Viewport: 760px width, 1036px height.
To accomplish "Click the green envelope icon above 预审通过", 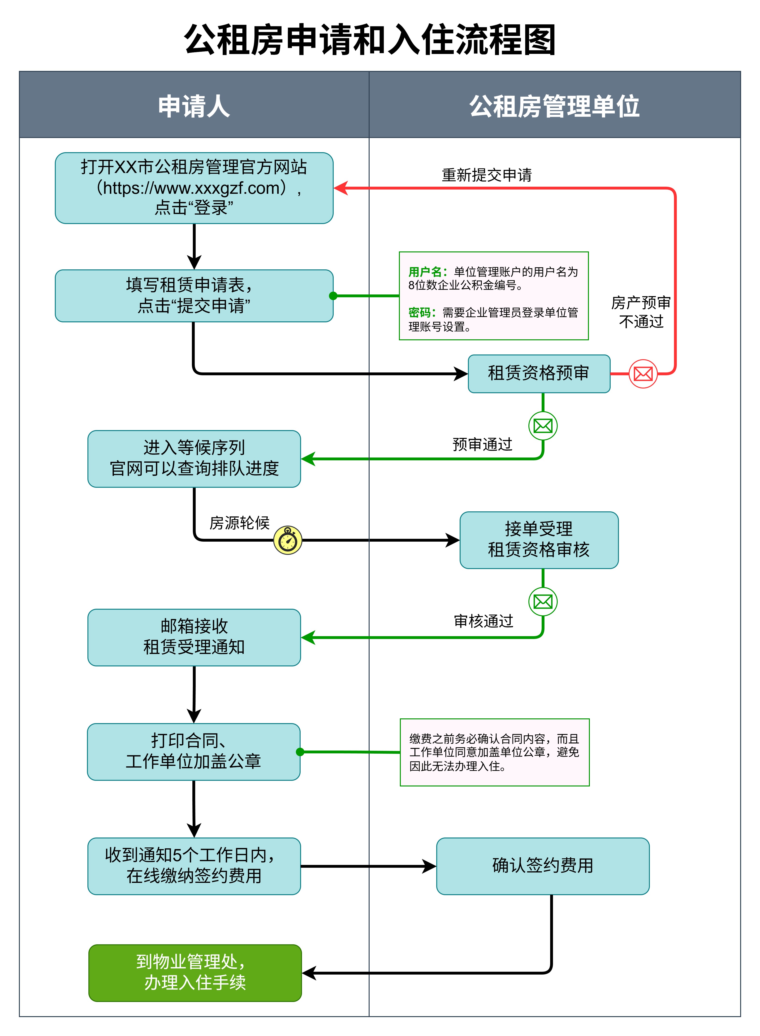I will [543, 426].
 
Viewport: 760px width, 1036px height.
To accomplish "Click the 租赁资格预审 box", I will [539, 374].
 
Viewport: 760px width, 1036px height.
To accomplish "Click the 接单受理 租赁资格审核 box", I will [539, 540].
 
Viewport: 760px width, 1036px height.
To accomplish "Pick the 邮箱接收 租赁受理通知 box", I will [194, 637].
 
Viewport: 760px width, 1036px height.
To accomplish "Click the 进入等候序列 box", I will [194, 458].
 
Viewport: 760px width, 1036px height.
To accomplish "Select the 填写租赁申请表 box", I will [194, 295].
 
